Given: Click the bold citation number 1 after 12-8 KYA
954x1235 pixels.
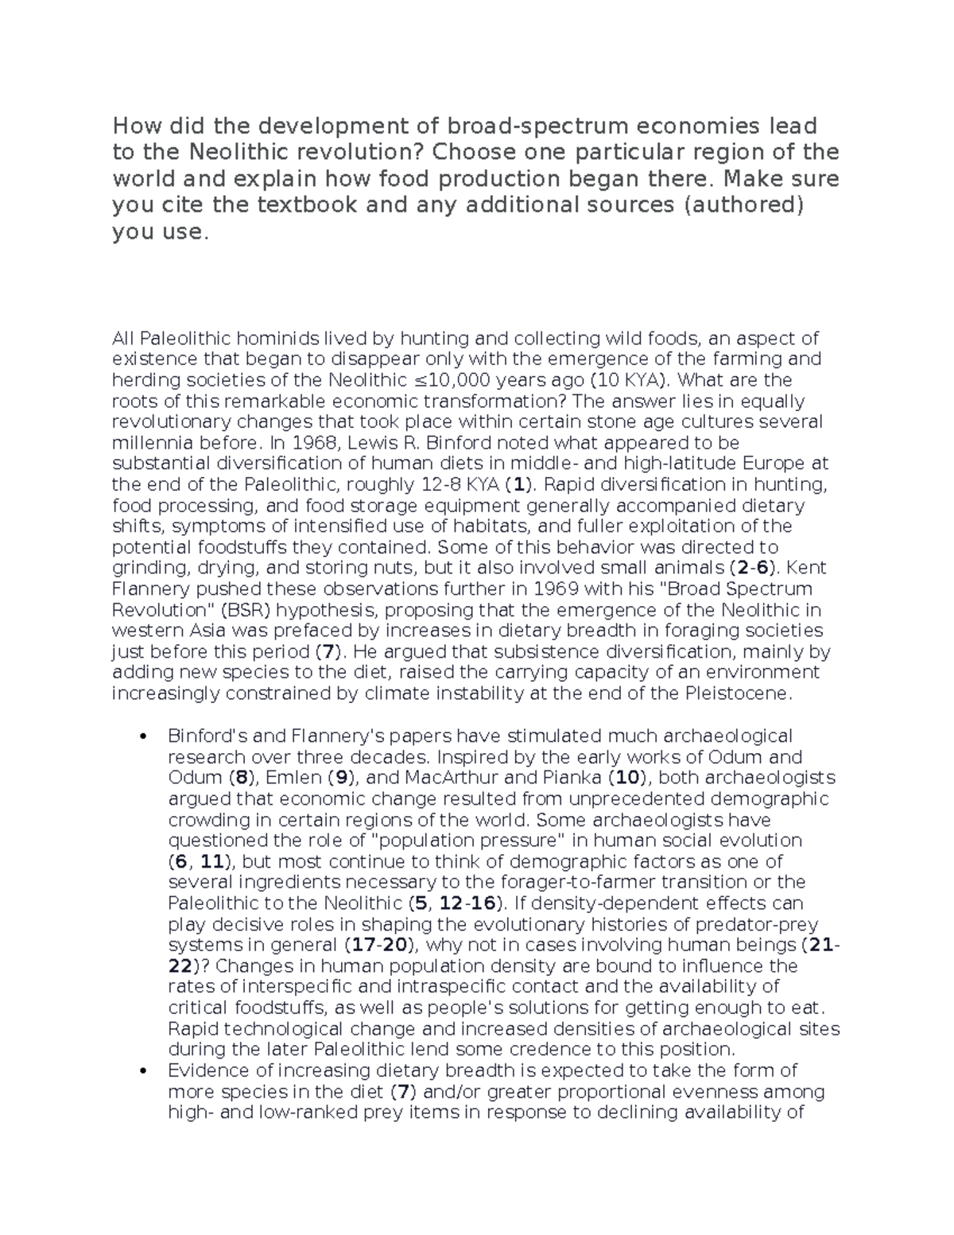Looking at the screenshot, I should click(x=519, y=485).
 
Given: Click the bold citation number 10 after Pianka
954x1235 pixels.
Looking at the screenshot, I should click(x=627, y=778).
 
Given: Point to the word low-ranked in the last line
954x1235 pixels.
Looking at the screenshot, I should click(x=304, y=1112).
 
